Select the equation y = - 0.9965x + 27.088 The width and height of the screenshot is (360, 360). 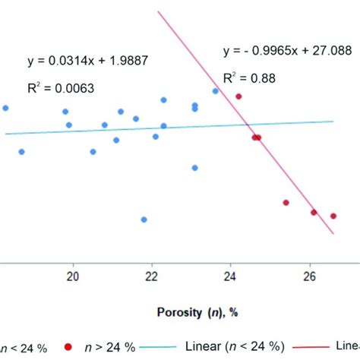[279, 51]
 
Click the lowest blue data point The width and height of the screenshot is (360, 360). [144, 219]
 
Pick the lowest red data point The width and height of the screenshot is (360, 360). [333, 216]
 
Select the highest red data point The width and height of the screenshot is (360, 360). [238, 96]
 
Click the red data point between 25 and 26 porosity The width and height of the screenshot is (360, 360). [286, 203]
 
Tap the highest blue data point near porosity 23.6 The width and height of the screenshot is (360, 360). [215, 91]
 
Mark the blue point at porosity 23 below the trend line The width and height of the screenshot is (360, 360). [195, 168]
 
